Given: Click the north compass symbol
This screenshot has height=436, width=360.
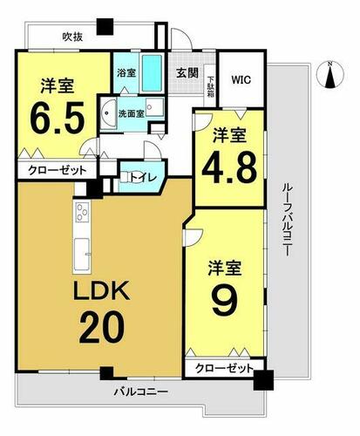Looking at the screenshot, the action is point(330,74).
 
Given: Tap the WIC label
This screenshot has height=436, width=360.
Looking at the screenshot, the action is point(241,79).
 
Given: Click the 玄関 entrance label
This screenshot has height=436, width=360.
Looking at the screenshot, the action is point(187,72).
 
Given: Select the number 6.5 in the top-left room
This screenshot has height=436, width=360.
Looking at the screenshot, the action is point(58,117).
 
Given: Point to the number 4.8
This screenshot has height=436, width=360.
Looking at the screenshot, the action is point(229,167).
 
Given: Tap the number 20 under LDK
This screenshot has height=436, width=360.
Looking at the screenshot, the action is point(102,327).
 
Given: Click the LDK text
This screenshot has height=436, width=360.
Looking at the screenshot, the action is point(102,290).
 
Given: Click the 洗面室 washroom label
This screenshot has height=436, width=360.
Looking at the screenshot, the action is point(131,113).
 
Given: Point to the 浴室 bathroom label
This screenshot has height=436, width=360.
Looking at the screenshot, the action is point(126,72).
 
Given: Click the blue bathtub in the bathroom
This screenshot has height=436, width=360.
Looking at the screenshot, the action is point(152,72).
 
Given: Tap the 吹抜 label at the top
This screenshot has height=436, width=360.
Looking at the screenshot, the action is point(72,37).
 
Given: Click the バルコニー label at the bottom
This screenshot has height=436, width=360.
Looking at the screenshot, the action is point(140,392).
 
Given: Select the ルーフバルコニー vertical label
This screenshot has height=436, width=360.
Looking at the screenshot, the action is point(286,220).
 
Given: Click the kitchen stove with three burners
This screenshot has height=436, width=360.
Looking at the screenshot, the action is point(82,212).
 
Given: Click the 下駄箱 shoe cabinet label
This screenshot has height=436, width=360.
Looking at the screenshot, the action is point(210,86).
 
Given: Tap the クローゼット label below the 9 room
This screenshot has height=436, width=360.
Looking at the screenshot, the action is point(224,369).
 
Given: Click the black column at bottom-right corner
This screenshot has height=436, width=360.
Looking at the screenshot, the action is point(263,379).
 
